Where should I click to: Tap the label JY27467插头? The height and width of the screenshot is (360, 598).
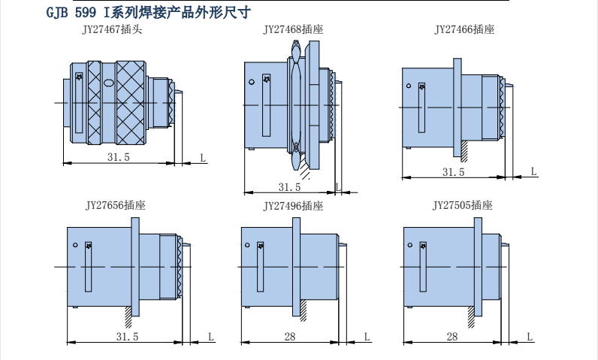click(x=112, y=30)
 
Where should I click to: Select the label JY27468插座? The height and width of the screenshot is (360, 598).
click(x=293, y=30)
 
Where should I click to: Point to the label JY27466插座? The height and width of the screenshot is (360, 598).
click(x=464, y=30)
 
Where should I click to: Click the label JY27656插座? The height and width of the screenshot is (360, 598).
click(x=115, y=204)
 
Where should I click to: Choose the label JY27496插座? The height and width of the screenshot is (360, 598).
click(x=293, y=205)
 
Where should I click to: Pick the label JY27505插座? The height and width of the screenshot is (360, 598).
click(x=462, y=204)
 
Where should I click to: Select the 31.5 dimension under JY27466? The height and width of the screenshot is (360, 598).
click(x=453, y=172)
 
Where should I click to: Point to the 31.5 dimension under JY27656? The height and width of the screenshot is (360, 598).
click(x=127, y=337)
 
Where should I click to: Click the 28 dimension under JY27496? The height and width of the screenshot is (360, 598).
click(x=290, y=337)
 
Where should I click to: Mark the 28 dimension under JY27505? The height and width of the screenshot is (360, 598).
click(x=452, y=337)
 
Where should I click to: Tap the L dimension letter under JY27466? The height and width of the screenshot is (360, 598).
click(x=534, y=171)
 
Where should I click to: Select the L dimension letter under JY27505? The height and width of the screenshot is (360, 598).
click(x=530, y=337)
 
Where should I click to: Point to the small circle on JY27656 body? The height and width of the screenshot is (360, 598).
click(x=76, y=246)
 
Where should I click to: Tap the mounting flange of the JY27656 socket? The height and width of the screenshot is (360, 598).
click(x=135, y=267)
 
